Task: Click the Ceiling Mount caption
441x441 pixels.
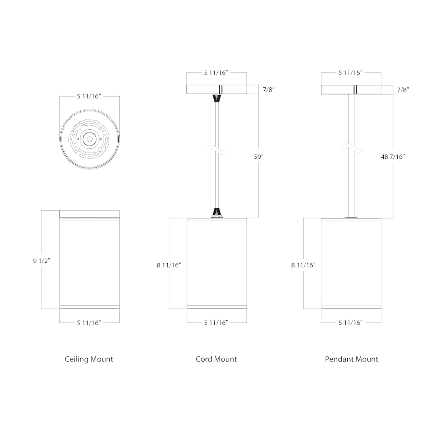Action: click(89, 359)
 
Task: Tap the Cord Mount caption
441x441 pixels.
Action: click(216, 359)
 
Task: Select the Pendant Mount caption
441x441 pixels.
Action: click(351, 359)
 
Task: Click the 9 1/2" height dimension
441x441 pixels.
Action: click(41, 261)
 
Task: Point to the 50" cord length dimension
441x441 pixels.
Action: click(259, 157)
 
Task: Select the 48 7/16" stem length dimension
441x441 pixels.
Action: click(393, 157)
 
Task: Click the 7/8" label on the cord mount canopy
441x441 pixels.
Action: click(269, 89)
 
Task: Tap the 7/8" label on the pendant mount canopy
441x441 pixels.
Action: click(404, 89)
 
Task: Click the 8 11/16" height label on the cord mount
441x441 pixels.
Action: click(169, 265)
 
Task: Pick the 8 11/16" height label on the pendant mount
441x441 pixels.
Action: click(304, 265)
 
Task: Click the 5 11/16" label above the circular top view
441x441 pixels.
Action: click(89, 97)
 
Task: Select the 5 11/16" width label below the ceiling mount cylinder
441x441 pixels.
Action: click(89, 323)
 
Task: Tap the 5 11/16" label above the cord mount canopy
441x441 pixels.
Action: click(216, 73)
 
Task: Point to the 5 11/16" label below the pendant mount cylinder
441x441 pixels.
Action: click(351, 323)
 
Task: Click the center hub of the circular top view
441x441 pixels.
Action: click(89, 139)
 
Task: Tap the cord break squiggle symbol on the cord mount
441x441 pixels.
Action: click(216, 149)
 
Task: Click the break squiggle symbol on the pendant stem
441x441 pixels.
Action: click(351, 149)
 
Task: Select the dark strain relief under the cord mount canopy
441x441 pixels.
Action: click(217, 98)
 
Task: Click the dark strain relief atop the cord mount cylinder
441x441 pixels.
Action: click(217, 212)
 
